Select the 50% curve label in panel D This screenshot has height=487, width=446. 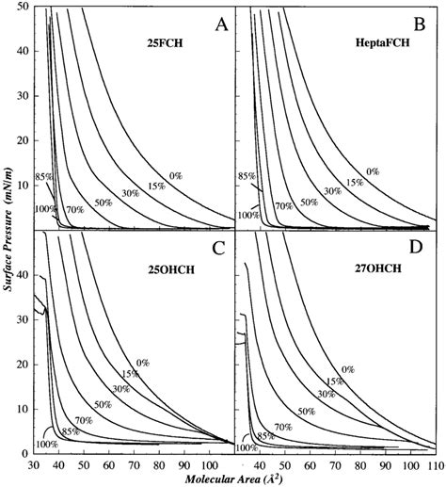pos(334,412)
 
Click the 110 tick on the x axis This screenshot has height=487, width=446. pos(435,465)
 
